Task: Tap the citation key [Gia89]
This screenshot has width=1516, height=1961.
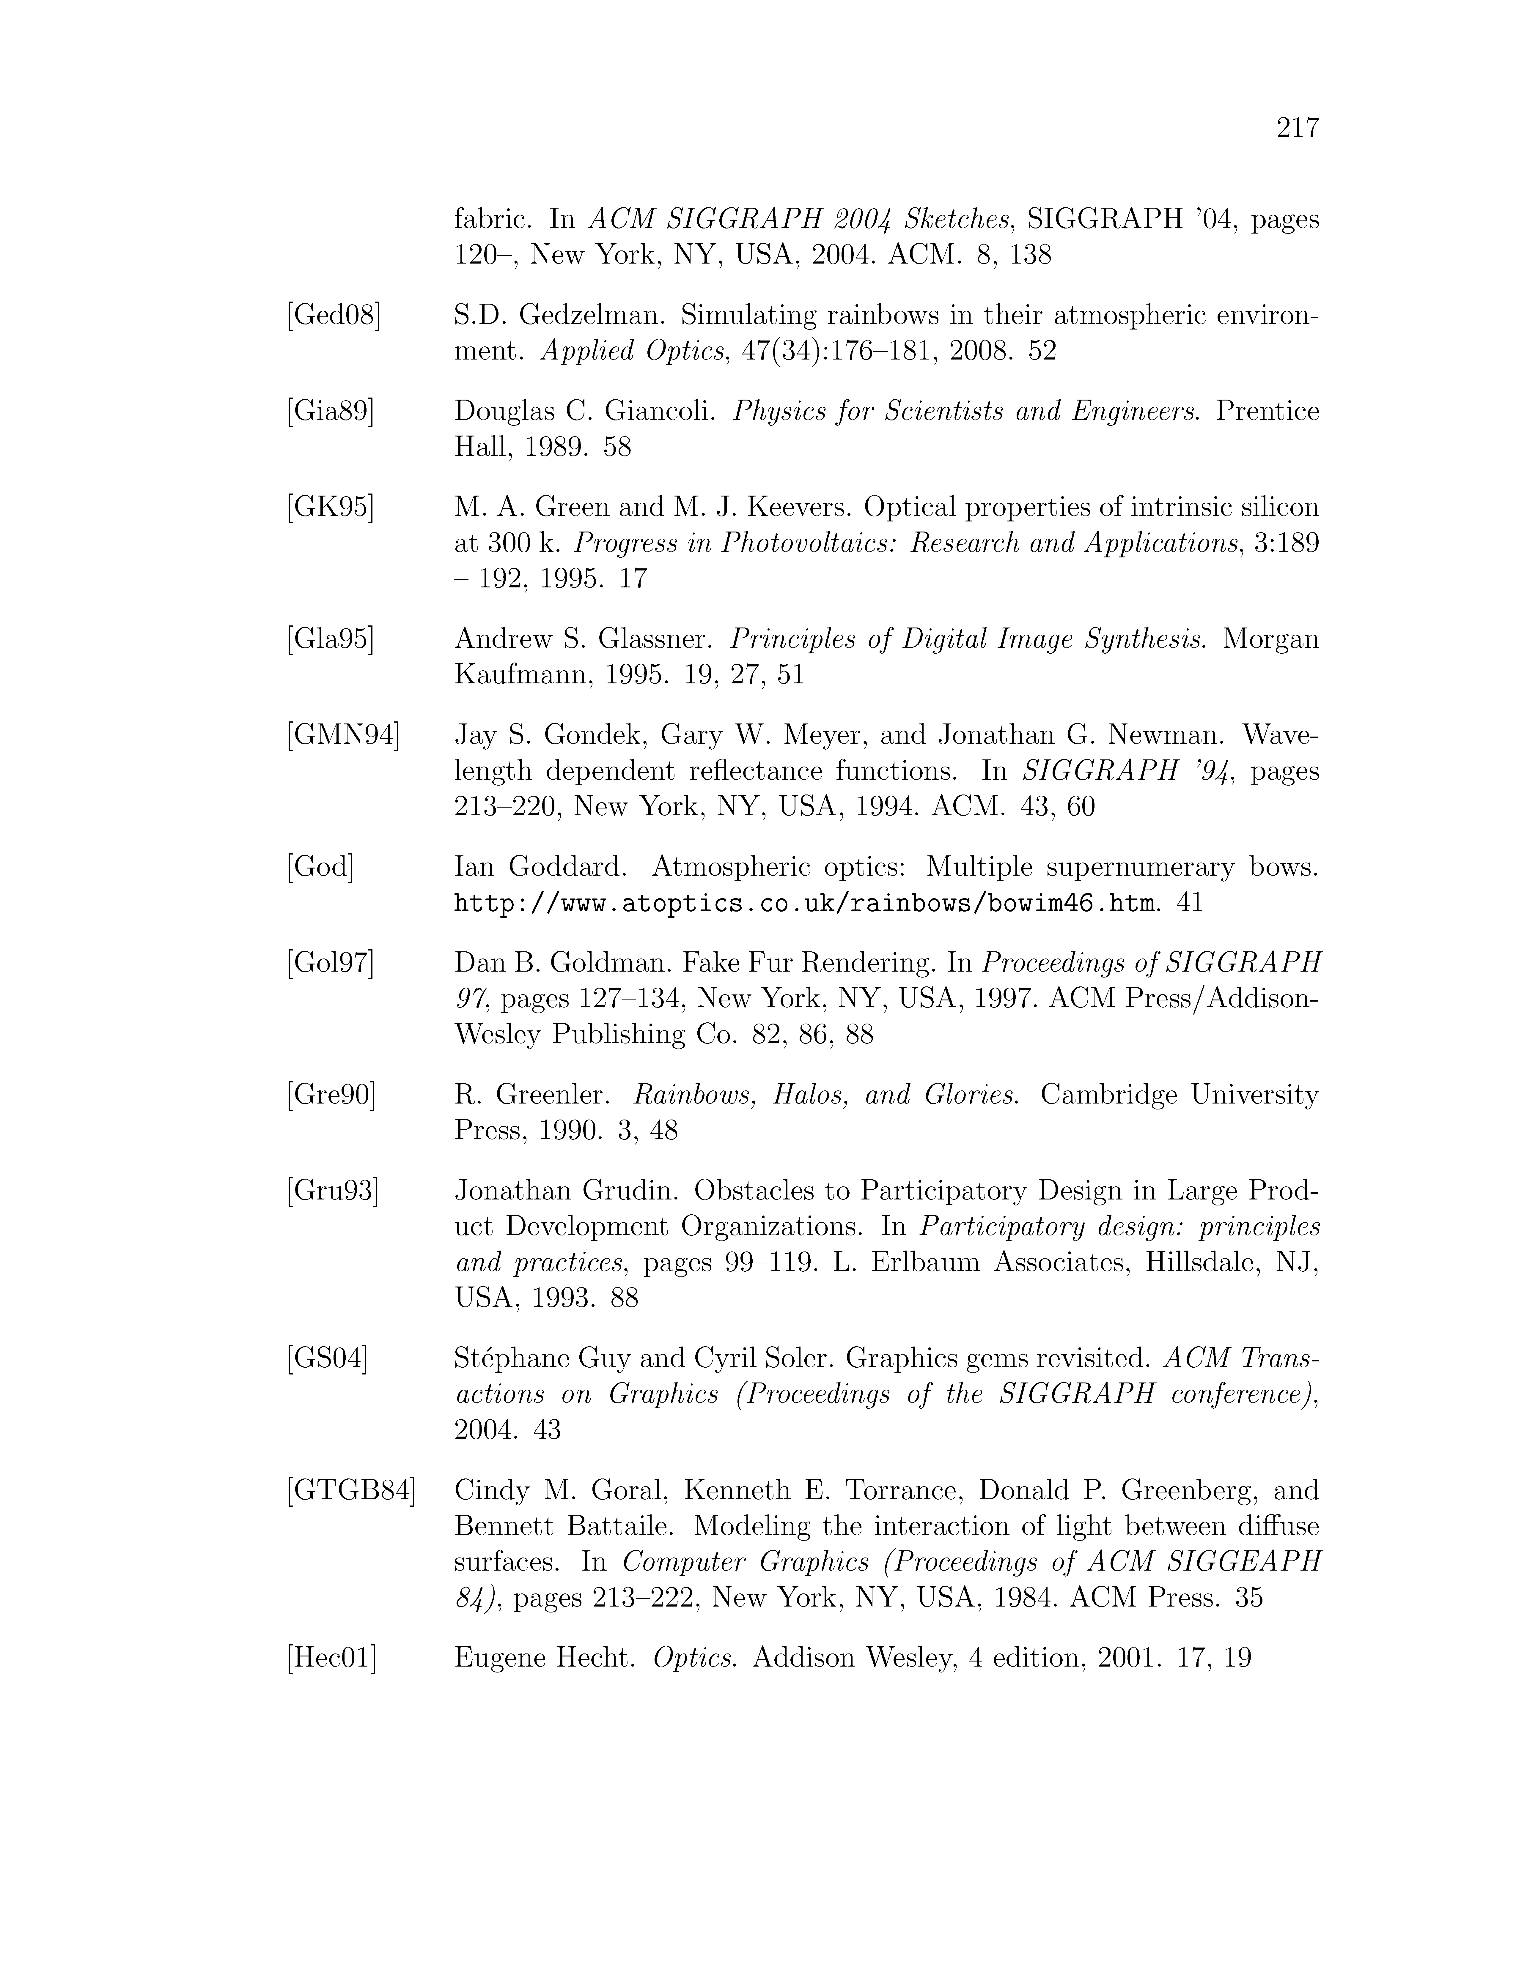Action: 331,411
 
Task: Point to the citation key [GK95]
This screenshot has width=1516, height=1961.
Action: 330,507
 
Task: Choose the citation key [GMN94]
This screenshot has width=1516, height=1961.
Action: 343,735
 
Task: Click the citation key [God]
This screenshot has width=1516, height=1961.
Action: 320,867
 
